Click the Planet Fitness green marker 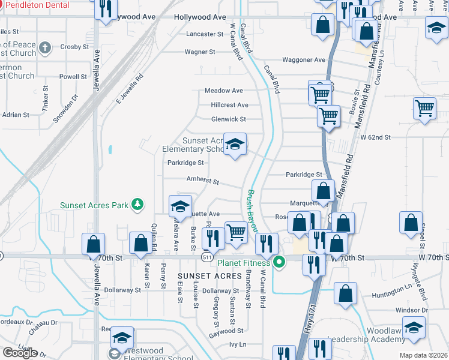click(279, 262)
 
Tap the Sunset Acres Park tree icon click(138, 205)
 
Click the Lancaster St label click(205, 34)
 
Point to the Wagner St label click(200, 52)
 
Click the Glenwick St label click(228, 119)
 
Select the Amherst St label click(203, 181)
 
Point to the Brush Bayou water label click(250, 211)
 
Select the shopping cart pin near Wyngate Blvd click(424, 109)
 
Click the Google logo click(20, 353)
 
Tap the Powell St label click(73, 77)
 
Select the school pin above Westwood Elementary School click(122, 338)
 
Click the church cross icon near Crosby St click(44, 47)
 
